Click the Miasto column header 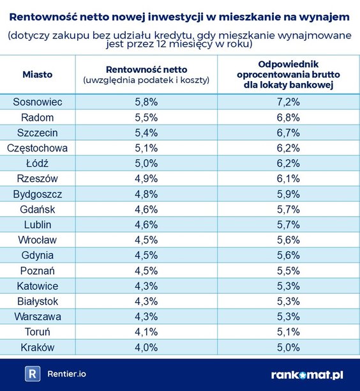tap(38, 75)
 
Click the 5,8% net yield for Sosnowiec tap(146, 102)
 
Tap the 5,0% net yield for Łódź tap(146, 164)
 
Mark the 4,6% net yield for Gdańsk tap(146, 210)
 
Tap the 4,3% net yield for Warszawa tap(146, 316)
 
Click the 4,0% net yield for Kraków tap(146, 347)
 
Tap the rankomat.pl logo tap(307, 374)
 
